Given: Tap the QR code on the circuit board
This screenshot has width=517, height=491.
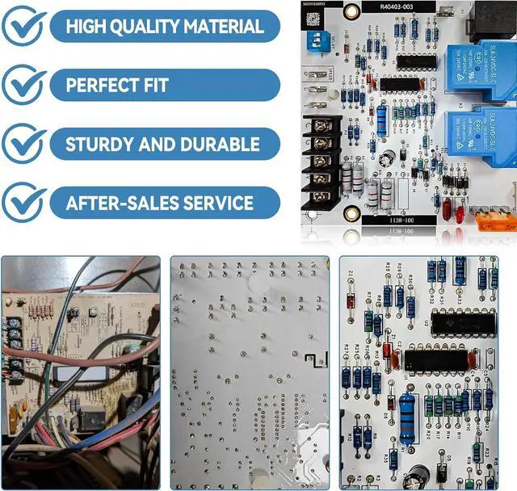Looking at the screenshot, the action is pos(312,18).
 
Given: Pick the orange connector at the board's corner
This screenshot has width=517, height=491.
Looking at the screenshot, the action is pos(494,219).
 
